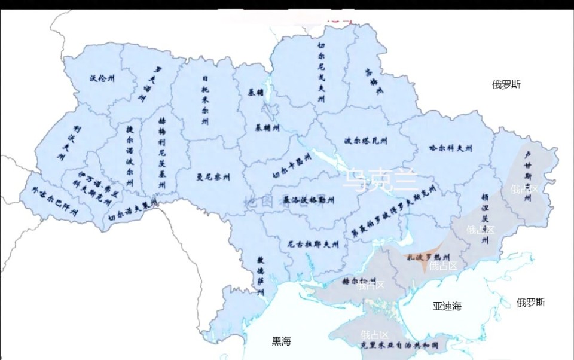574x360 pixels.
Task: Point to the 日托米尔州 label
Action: click(x=205, y=100)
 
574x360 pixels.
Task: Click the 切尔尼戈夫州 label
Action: click(x=321, y=72)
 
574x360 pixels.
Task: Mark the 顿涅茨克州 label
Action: click(x=485, y=218)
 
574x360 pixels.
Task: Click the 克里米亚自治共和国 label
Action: click(x=400, y=346)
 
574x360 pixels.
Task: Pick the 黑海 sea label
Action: click(x=281, y=341)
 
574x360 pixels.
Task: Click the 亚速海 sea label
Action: click(x=447, y=306)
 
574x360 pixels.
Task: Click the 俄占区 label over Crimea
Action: click(x=375, y=334)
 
